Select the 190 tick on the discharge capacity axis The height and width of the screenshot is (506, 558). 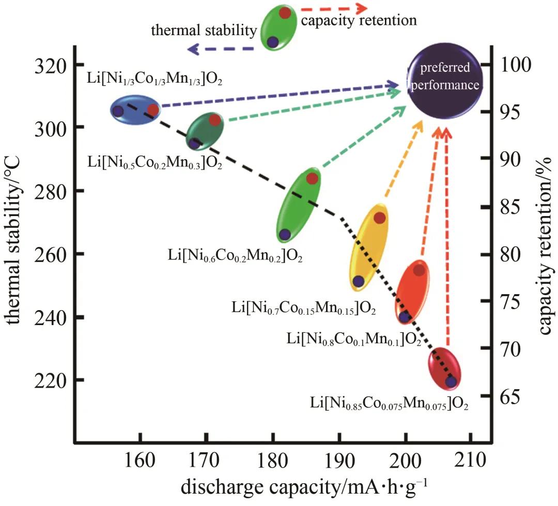(339, 458)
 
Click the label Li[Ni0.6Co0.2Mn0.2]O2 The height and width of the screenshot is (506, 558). (235, 256)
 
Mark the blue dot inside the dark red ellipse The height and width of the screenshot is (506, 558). (451, 381)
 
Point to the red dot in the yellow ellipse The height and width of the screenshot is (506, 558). (379, 218)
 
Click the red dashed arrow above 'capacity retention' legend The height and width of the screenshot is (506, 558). (333, 9)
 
